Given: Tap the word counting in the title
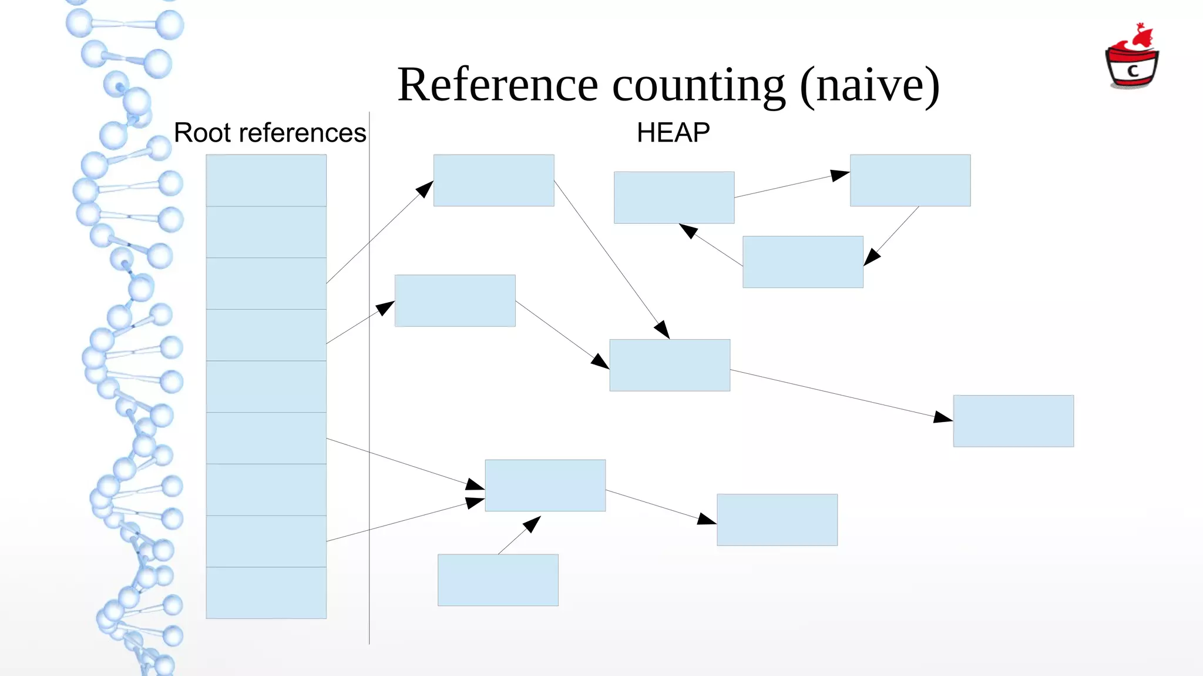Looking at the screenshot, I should pyautogui.click(x=698, y=86).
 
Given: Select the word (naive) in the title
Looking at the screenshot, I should pyautogui.click(x=869, y=86).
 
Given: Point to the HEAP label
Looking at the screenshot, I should pyautogui.click(x=673, y=133).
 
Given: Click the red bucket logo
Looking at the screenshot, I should pyautogui.click(x=1132, y=59).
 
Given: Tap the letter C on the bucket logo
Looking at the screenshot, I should pyautogui.click(x=1133, y=71).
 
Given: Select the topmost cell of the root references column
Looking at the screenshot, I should pyautogui.click(x=266, y=180).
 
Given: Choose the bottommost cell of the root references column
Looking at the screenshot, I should pyautogui.click(x=266, y=593).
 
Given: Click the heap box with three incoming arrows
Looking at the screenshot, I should pyautogui.click(x=545, y=486).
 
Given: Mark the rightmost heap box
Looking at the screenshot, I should pyautogui.click(x=1013, y=421).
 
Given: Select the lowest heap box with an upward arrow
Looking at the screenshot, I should pyautogui.click(x=498, y=580).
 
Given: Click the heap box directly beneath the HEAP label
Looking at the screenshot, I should pyautogui.click(x=674, y=198).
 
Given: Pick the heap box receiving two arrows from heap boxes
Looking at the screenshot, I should pyautogui.click(x=670, y=365).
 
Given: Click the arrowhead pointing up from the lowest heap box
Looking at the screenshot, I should pyautogui.click(x=533, y=523).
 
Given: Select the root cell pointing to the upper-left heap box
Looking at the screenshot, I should pyautogui.click(x=266, y=283).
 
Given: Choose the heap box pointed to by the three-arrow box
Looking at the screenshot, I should pyautogui.click(x=777, y=520).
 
